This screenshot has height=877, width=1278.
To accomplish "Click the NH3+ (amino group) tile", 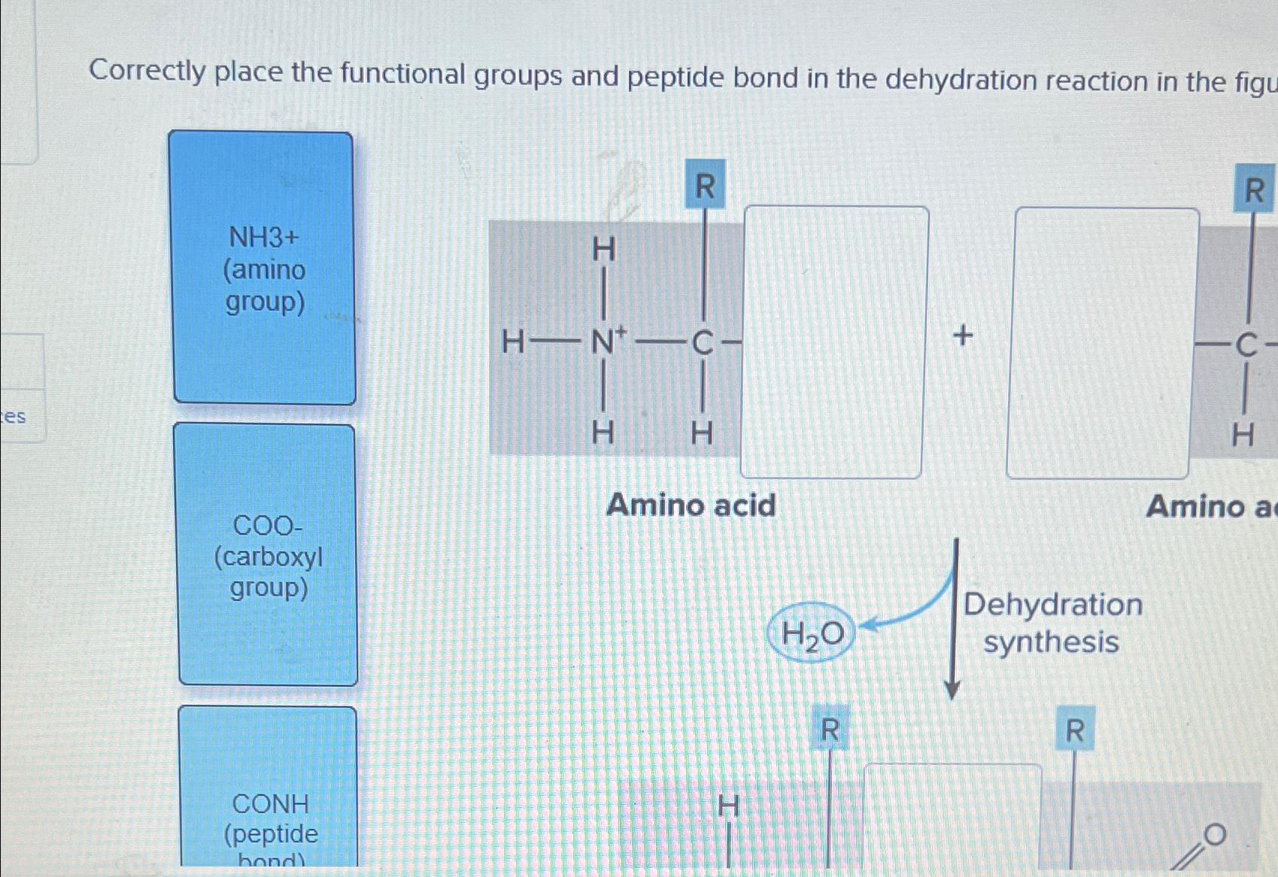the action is tap(264, 269).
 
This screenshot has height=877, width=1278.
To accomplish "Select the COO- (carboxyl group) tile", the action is tap(268, 555).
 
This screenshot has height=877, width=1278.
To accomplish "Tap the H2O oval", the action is tap(812, 633).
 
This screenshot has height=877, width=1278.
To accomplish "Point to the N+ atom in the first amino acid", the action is tap(606, 343).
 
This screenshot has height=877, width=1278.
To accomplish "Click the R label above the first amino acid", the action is tap(705, 185).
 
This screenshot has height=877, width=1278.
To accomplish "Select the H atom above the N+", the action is tap(603, 250).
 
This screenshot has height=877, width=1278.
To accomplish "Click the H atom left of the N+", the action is tap(513, 343).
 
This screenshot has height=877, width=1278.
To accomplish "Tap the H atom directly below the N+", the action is tap(603, 432).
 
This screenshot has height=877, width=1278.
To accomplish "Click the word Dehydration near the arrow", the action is tap(1052, 605).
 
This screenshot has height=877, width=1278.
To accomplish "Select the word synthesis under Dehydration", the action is tap(1051, 642).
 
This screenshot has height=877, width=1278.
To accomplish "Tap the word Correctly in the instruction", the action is tap(147, 71).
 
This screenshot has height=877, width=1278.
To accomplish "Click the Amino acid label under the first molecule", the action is tap(691, 505).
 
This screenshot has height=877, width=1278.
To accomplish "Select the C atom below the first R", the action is tap(703, 344).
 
